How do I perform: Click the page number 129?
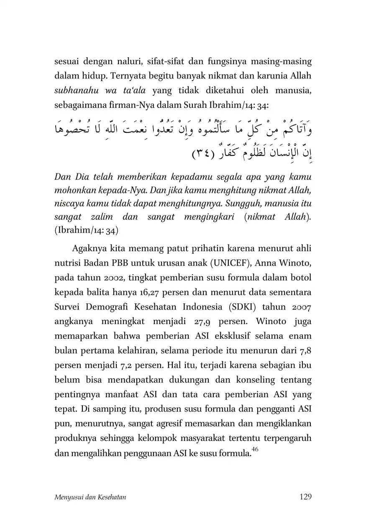(306, 497)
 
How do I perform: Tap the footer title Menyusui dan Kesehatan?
(90, 497)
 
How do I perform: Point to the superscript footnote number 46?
(255, 449)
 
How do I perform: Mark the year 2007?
(300, 307)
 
